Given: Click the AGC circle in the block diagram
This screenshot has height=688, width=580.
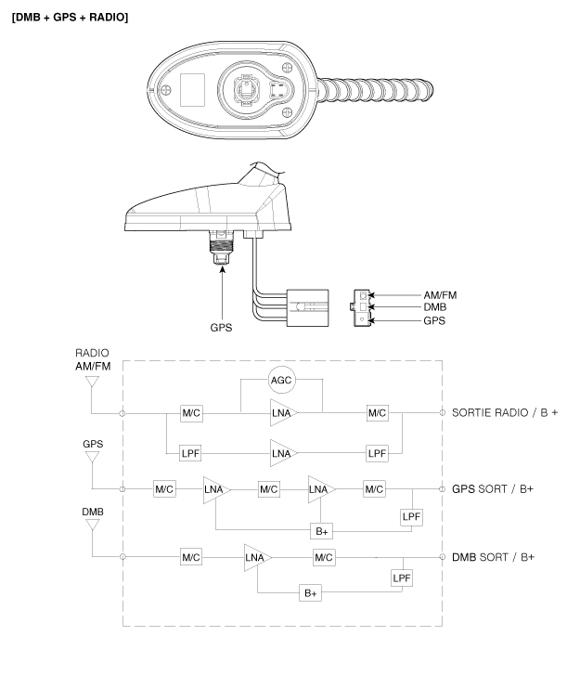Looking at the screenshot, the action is point(281,380).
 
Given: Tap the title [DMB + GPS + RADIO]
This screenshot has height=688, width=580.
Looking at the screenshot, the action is point(71,18).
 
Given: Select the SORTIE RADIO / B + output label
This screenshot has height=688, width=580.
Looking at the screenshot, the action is point(505,412).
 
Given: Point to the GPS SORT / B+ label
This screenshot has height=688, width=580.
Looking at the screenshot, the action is point(493,488).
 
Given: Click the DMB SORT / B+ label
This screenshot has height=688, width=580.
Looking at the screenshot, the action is point(493,557).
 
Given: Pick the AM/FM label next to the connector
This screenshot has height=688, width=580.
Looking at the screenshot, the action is point(440,295).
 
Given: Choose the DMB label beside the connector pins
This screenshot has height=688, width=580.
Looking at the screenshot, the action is point(435,307).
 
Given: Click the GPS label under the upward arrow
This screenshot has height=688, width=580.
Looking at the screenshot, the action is point(222,328).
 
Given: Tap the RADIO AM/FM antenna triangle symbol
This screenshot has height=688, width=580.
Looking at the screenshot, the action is point(92,382).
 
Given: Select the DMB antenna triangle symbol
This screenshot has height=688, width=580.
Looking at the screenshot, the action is point(93,525).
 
